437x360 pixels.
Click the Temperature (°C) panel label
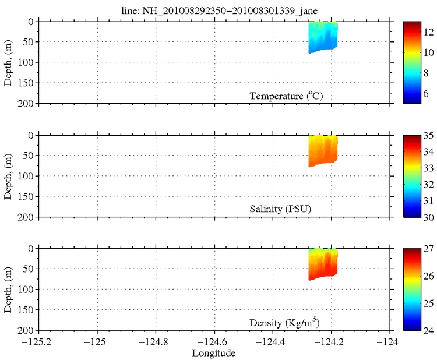pos(286,96)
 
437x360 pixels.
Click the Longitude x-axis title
pos(216,353)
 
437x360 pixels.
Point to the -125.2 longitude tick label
pos(34,341)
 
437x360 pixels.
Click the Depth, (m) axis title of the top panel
pos(9,62)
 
